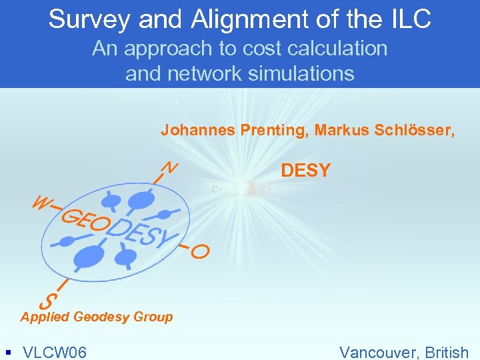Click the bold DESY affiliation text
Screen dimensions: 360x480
(x=305, y=171)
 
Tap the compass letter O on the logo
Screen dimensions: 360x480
(x=199, y=251)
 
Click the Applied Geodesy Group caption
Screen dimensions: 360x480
(x=97, y=317)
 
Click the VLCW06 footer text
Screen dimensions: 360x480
(x=55, y=351)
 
